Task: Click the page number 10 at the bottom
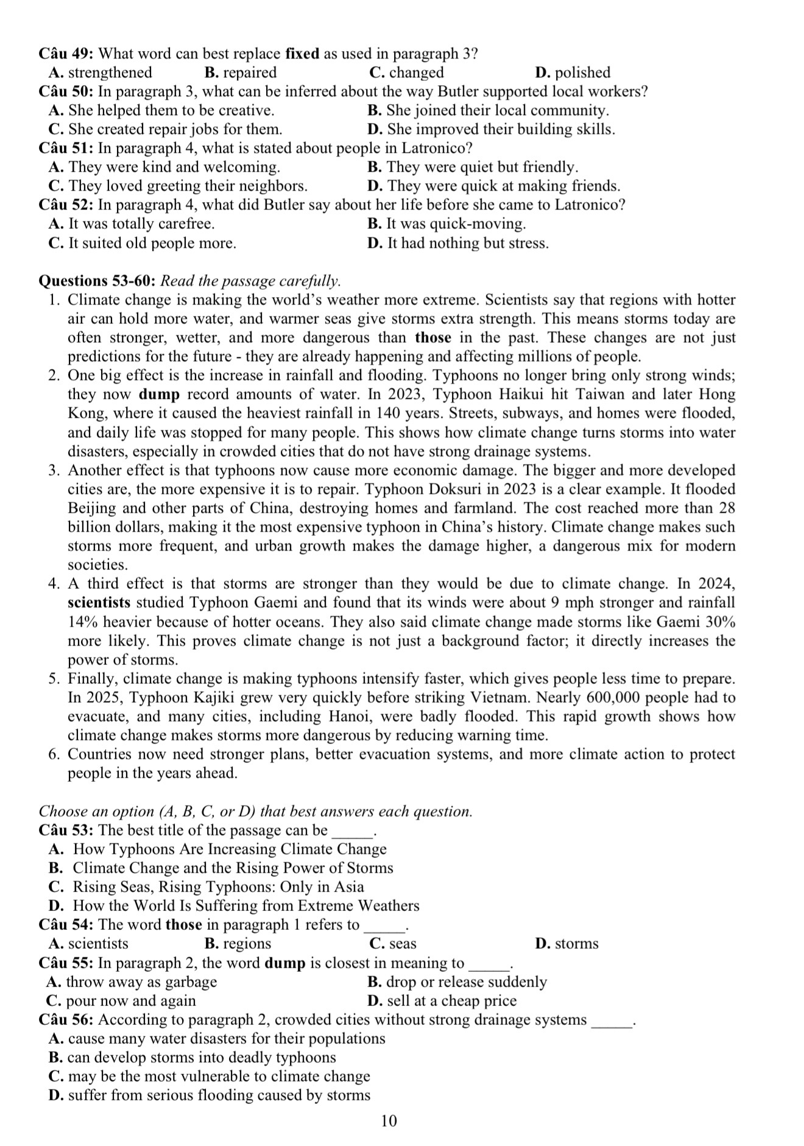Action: tap(389, 1120)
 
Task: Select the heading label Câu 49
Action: tap(65, 54)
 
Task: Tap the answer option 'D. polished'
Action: tap(572, 72)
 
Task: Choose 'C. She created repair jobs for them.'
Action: tap(165, 129)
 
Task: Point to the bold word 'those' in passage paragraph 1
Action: tap(433, 338)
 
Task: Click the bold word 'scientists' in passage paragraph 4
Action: tap(99, 603)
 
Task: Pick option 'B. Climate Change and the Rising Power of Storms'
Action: tap(220, 868)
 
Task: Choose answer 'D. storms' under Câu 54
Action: tap(566, 943)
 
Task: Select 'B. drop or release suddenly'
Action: tap(457, 982)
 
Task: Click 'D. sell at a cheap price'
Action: tap(442, 1000)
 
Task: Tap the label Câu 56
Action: tap(65, 1019)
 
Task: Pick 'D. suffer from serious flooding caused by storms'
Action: tap(209, 1095)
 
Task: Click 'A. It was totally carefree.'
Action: tap(132, 223)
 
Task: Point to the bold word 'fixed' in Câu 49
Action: tap(302, 54)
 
